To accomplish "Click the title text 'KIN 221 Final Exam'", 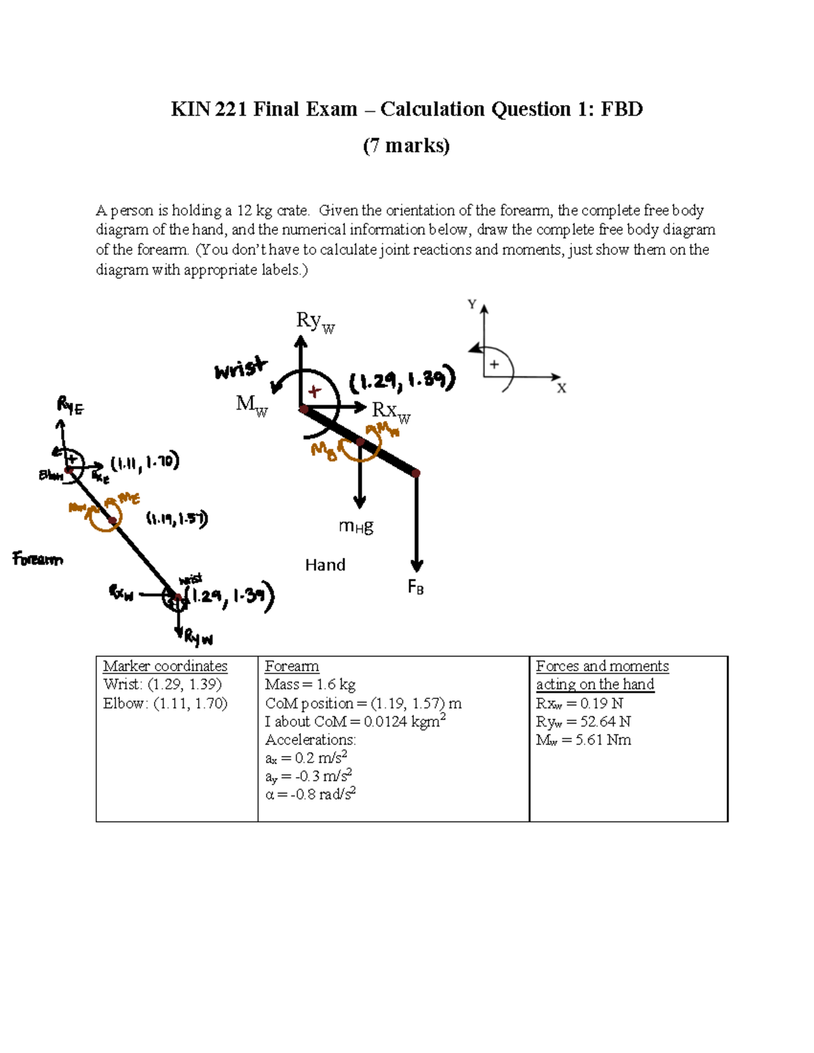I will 264,109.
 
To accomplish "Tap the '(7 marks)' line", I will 406,146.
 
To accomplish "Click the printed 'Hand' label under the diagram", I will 325,565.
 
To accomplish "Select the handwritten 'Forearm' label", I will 38,559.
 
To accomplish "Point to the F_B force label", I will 416,587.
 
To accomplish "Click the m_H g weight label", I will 356,526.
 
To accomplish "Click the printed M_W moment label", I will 251,405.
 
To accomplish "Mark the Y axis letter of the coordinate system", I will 472,304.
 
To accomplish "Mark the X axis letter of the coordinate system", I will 562,389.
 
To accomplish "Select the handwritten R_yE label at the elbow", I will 71,406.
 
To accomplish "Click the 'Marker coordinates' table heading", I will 165,667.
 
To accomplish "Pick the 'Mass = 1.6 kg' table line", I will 310,685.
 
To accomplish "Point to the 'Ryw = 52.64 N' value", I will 583,721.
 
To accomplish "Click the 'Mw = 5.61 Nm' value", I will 583,740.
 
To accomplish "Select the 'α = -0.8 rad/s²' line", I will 310,794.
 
